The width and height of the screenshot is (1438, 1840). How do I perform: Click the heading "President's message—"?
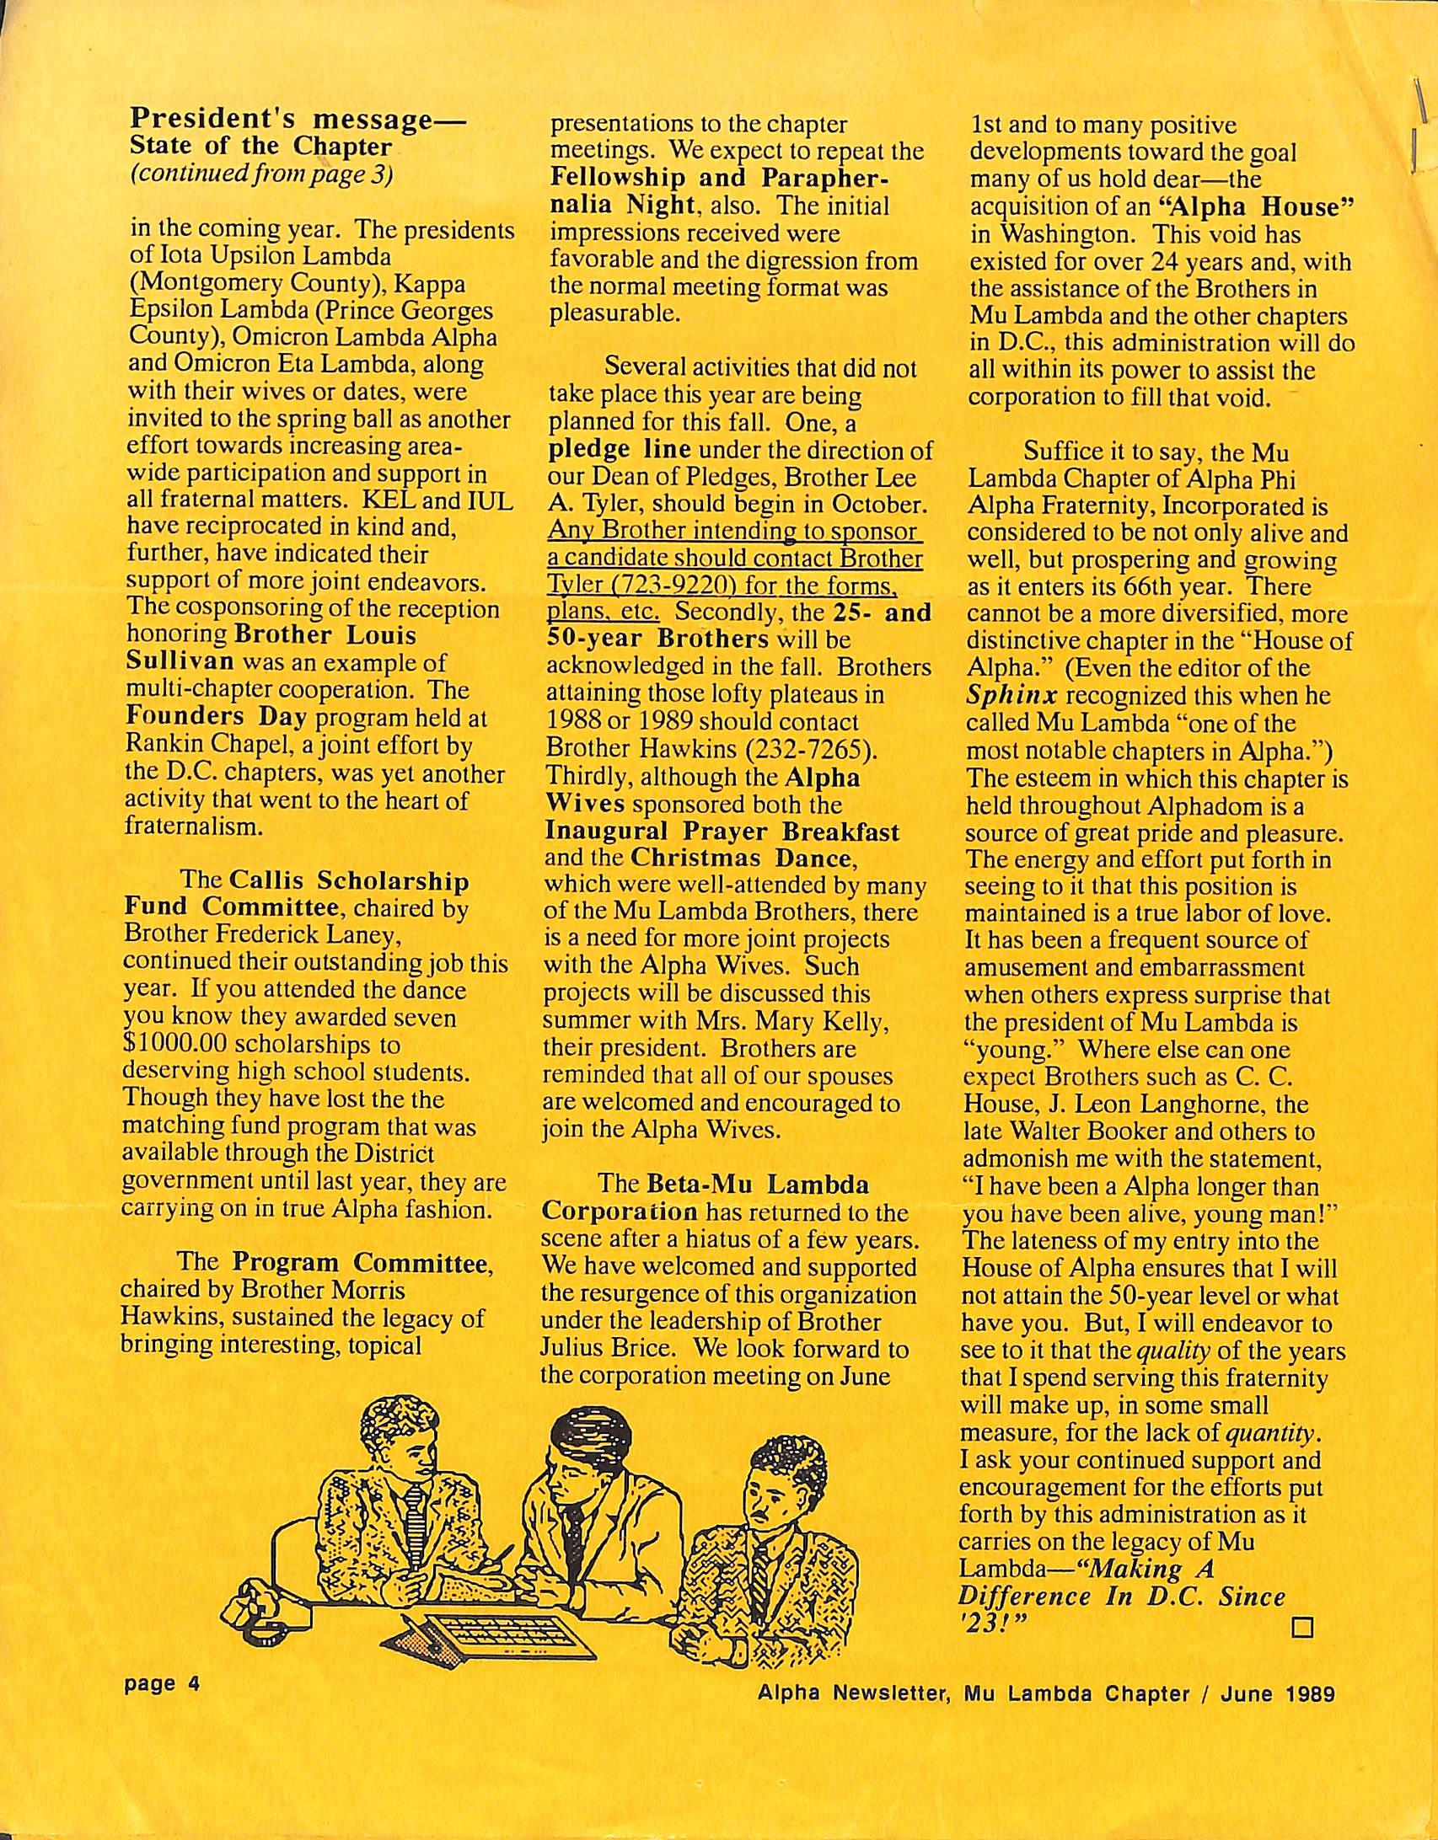click(x=297, y=120)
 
